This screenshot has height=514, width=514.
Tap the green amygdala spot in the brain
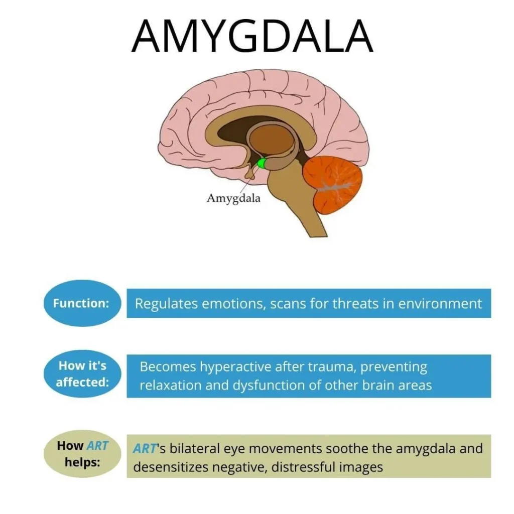tap(262, 163)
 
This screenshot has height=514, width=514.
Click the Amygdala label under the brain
tap(233, 198)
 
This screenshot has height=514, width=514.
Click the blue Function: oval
tap(81, 303)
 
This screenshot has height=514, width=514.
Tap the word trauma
tap(322, 367)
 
